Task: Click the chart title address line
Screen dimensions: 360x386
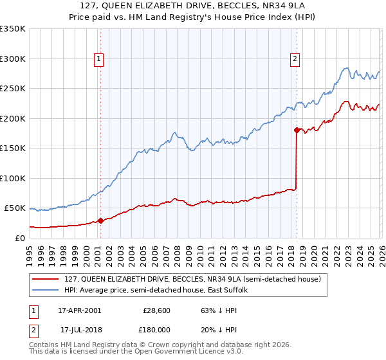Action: coord(192,6)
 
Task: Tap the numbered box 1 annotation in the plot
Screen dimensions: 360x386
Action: coord(99,59)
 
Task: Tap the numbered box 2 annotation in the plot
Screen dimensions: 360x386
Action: coord(295,59)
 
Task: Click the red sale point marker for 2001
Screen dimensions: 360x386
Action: coord(100,221)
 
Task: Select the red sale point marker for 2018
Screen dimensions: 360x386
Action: coord(297,130)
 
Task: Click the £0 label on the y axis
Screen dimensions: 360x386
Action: coord(18,238)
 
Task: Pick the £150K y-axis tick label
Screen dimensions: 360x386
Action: coord(13,148)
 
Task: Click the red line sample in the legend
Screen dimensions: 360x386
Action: coord(45,279)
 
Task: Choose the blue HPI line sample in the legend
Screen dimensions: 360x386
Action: coord(45,290)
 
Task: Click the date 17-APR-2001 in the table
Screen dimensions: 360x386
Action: coord(80,310)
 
